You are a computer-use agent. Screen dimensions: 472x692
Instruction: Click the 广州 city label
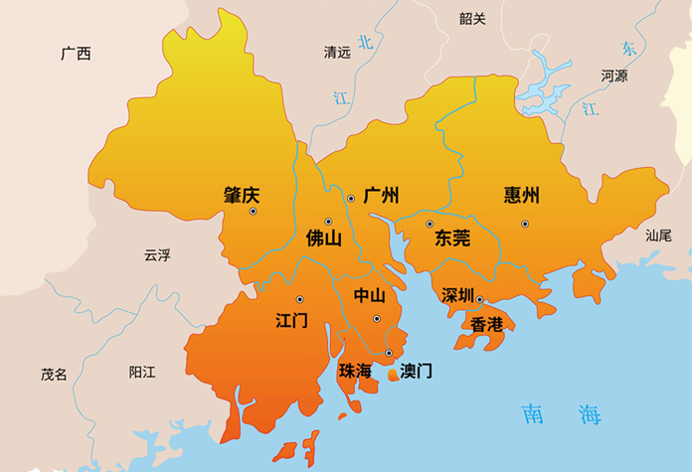[381, 195]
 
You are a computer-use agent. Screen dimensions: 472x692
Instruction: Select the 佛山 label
[323, 238]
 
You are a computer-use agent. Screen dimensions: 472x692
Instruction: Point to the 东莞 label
[452, 238]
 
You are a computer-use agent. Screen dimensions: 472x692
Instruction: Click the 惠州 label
[522, 195]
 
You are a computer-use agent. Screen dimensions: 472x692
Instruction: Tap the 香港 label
[487, 324]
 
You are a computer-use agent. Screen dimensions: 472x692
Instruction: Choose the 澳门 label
[416, 371]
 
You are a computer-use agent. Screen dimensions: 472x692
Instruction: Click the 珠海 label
[355, 371]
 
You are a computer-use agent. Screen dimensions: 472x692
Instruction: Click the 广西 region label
[76, 54]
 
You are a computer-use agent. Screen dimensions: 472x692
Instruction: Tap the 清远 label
[337, 52]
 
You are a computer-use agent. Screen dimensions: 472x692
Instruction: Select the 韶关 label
[473, 18]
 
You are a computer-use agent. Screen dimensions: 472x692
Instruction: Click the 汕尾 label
[658, 236]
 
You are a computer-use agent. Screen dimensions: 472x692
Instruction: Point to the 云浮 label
[157, 255]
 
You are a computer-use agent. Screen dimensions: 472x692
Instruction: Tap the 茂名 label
[54, 374]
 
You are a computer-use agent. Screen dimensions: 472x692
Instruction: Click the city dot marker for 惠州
[524, 224]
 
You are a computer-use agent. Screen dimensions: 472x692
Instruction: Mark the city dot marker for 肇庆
[254, 212]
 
